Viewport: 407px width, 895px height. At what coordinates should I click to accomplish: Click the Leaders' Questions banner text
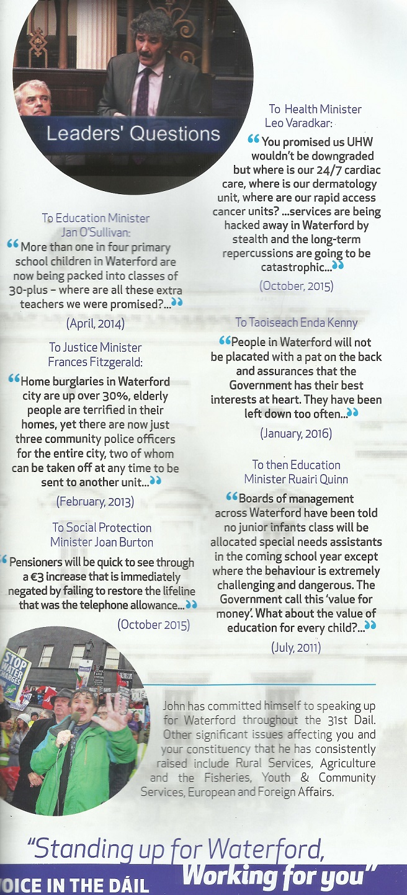(x=133, y=133)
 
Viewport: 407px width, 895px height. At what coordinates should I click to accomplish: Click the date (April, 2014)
(x=95, y=323)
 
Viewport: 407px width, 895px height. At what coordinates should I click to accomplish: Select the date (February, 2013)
(x=95, y=501)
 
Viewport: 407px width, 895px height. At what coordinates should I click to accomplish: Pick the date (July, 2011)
(x=295, y=648)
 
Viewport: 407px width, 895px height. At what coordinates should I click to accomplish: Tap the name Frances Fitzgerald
(x=95, y=362)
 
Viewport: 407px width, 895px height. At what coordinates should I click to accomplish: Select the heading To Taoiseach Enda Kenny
(x=296, y=323)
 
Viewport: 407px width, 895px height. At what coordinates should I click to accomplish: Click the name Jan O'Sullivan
(x=96, y=232)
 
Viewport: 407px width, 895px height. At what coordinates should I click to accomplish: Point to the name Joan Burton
(x=123, y=541)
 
